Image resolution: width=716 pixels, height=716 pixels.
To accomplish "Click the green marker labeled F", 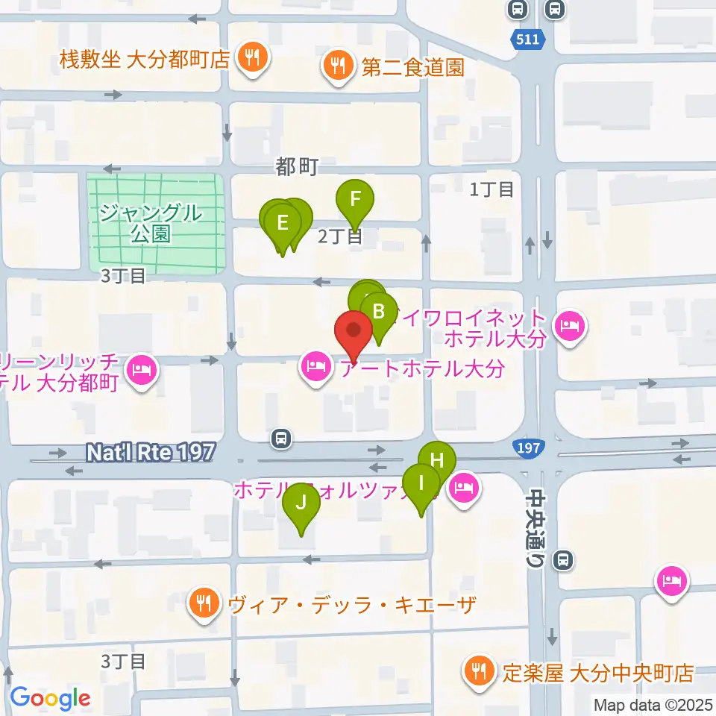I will click(356, 200).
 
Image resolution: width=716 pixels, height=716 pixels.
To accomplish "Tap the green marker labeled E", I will click(282, 223).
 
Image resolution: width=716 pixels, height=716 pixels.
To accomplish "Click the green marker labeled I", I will click(421, 483).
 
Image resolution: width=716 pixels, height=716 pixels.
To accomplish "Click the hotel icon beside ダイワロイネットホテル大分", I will click(571, 327).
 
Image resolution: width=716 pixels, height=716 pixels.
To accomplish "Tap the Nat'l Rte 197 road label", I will click(151, 451).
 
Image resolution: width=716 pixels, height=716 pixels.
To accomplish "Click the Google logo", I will click(50, 699).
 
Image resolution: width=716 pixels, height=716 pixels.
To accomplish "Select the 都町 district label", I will click(297, 168).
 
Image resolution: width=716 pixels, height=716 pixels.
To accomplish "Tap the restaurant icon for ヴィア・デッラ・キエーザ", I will click(204, 603).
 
